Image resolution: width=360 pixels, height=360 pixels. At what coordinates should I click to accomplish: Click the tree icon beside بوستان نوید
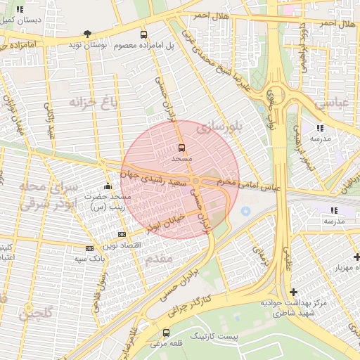87,34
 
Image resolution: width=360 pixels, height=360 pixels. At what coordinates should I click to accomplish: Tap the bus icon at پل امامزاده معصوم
144,34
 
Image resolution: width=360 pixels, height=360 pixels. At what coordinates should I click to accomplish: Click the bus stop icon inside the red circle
182,148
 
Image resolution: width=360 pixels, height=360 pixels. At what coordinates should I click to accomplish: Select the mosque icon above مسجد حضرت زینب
107,186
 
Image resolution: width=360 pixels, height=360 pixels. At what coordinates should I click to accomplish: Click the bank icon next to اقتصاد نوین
122,234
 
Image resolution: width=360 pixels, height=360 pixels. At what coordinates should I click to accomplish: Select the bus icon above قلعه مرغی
167,333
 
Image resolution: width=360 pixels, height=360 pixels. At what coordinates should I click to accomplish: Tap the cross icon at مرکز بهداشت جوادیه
293,291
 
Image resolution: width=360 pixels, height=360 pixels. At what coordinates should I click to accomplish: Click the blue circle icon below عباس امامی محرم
245,211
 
